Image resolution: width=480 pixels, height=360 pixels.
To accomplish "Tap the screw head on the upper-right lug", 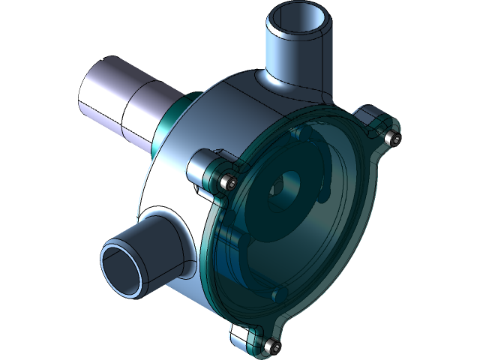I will tap(389, 138).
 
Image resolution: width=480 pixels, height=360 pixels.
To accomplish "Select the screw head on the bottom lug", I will tap(271, 346).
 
